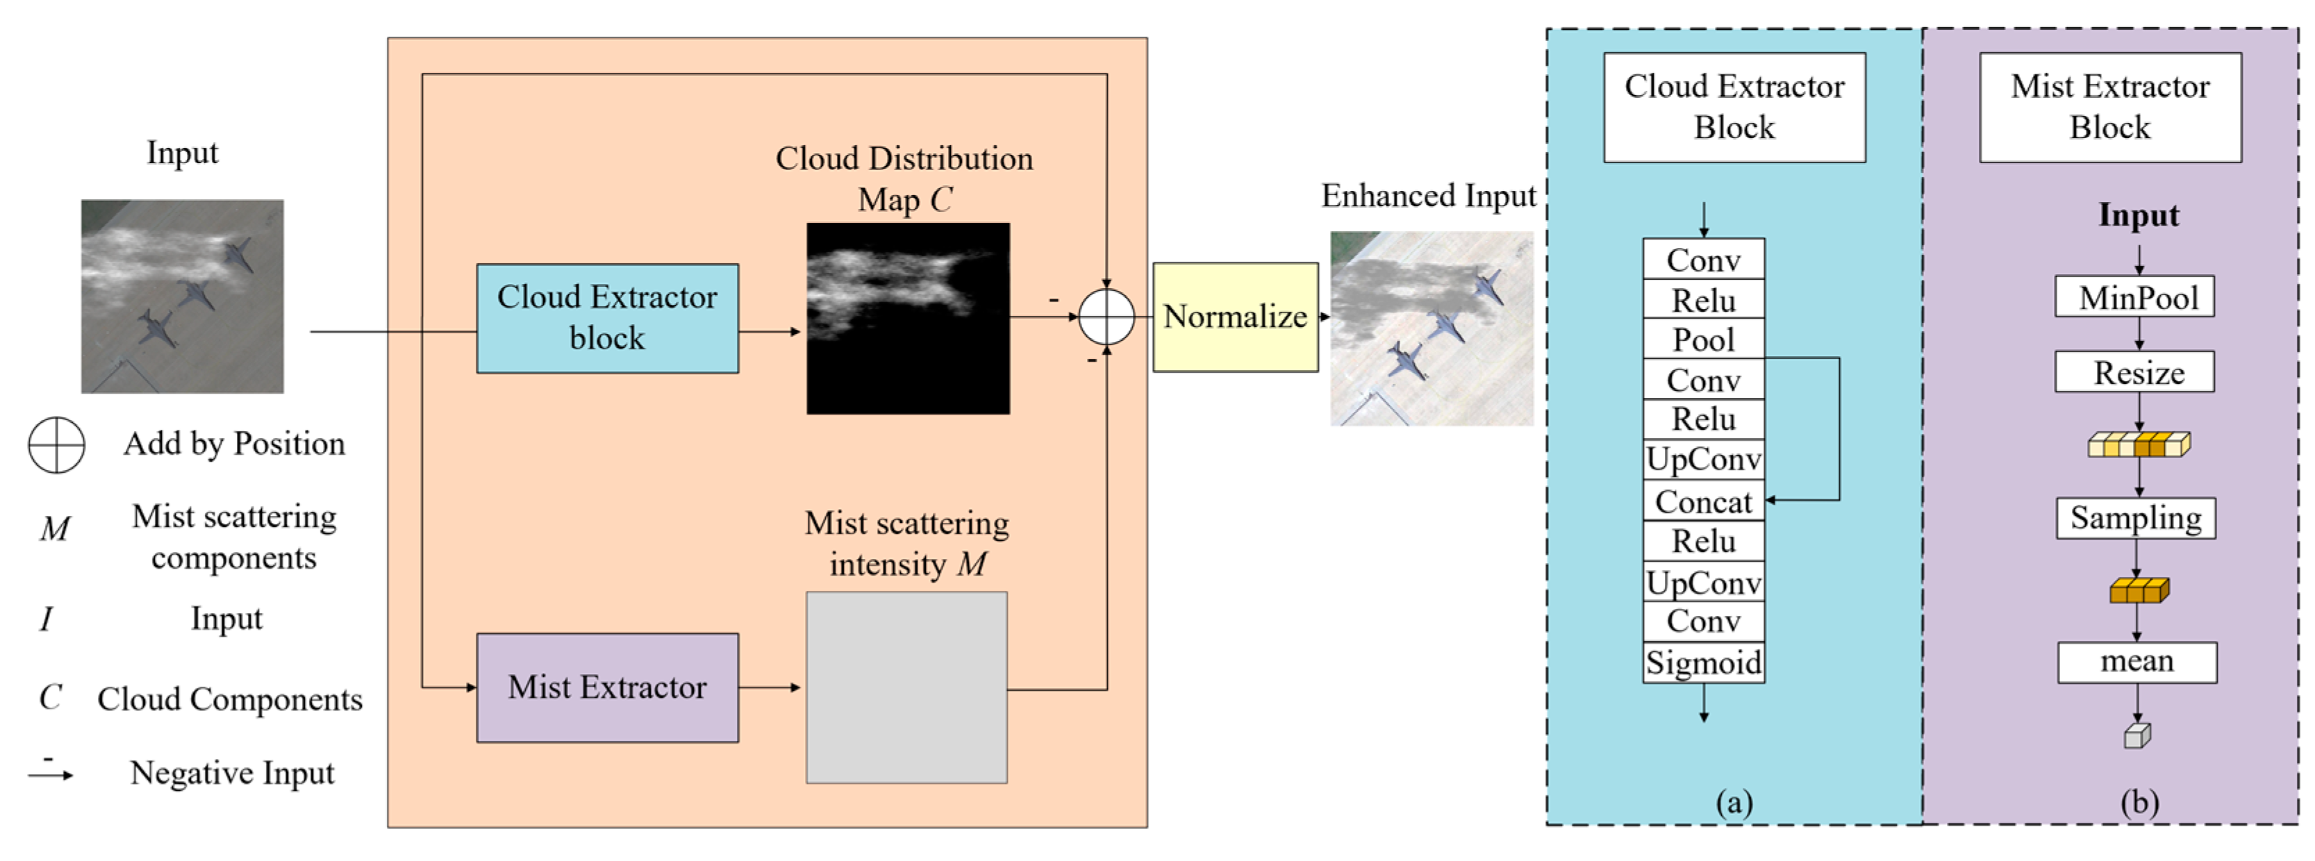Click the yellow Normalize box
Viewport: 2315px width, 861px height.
1235,317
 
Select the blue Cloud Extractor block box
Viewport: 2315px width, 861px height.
608,318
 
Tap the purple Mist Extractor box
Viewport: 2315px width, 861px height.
608,687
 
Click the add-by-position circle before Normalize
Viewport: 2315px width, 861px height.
1106,317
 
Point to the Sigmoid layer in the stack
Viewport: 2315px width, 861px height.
1703,662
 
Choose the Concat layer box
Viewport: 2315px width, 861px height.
1703,501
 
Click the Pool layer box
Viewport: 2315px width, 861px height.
1703,340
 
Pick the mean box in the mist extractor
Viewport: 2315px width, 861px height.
2137,662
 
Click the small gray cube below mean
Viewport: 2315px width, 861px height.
2137,736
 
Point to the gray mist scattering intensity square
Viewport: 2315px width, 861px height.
906,687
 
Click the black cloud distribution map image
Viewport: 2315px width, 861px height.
908,318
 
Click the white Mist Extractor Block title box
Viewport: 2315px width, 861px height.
2109,107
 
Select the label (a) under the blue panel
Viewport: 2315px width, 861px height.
1734,802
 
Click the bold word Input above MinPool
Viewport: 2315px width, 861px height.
2138,216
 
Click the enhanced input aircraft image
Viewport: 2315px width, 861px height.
1432,328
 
